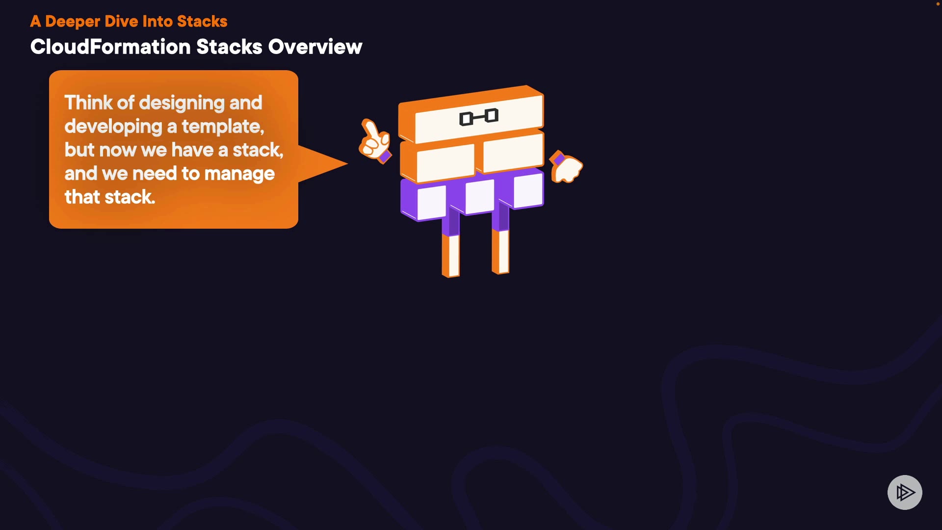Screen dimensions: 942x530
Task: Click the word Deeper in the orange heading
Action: pyautogui.click(x=73, y=22)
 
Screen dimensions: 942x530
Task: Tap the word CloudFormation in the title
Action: pyautogui.click(x=110, y=47)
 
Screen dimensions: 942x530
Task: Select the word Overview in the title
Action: pyautogui.click(x=315, y=47)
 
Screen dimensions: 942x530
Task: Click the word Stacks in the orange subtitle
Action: pyautogui.click(x=202, y=22)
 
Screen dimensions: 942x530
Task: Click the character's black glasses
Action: pyautogui.click(x=479, y=117)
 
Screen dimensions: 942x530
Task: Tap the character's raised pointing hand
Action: pyautogui.click(x=374, y=140)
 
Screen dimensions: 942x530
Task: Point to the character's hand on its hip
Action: pyautogui.click(x=568, y=169)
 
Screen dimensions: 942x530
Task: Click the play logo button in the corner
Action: pyautogui.click(x=905, y=492)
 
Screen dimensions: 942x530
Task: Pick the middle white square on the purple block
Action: pyautogui.click(x=479, y=196)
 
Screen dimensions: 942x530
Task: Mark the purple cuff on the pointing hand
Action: pyautogui.click(x=385, y=157)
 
